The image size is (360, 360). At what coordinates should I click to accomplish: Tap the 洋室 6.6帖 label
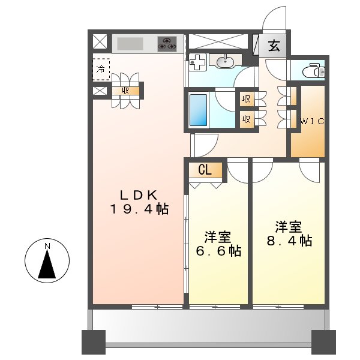pyautogui.click(x=218, y=244)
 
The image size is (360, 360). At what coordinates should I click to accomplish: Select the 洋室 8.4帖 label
pyautogui.click(x=289, y=234)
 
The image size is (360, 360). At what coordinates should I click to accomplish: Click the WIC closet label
pyautogui.click(x=312, y=121)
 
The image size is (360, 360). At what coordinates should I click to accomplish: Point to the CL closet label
pyautogui.click(x=205, y=170)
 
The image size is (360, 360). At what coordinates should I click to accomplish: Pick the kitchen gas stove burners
pyautogui.click(x=167, y=44)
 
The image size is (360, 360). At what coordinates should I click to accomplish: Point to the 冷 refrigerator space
pyautogui.click(x=101, y=68)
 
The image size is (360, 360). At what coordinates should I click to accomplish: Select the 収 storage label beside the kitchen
pyautogui.click(x=126, y=91)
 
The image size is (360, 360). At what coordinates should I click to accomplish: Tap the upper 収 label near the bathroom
pyautogui.click(x=246, y=99)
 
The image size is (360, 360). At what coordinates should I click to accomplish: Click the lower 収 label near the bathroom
pyautogui.click(x=246, y=118)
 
